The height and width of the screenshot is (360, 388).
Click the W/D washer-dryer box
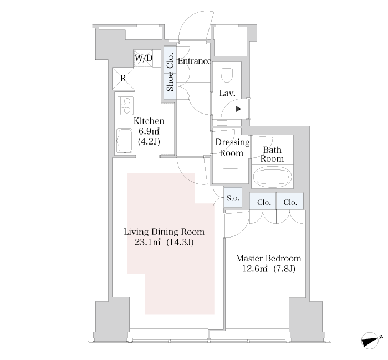143,58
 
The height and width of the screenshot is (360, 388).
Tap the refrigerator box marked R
123,79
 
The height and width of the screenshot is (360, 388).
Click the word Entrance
195,61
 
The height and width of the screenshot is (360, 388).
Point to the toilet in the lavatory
227,72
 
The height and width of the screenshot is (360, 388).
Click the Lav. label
227,93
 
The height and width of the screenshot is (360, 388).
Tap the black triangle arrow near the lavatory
238,109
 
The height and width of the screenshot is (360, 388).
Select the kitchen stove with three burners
125,105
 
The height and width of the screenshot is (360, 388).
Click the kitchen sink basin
125,141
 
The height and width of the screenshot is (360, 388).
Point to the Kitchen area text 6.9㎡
149,131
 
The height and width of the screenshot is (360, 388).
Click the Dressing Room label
232,147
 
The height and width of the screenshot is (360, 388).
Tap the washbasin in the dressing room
231,173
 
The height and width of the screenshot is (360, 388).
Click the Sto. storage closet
233,198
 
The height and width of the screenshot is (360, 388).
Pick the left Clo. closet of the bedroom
263,202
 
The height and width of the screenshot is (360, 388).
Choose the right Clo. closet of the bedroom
290,202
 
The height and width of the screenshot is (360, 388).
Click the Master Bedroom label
268,259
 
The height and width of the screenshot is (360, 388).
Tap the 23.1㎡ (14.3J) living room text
164,243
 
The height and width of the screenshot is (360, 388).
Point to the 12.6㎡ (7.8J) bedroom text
268,269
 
